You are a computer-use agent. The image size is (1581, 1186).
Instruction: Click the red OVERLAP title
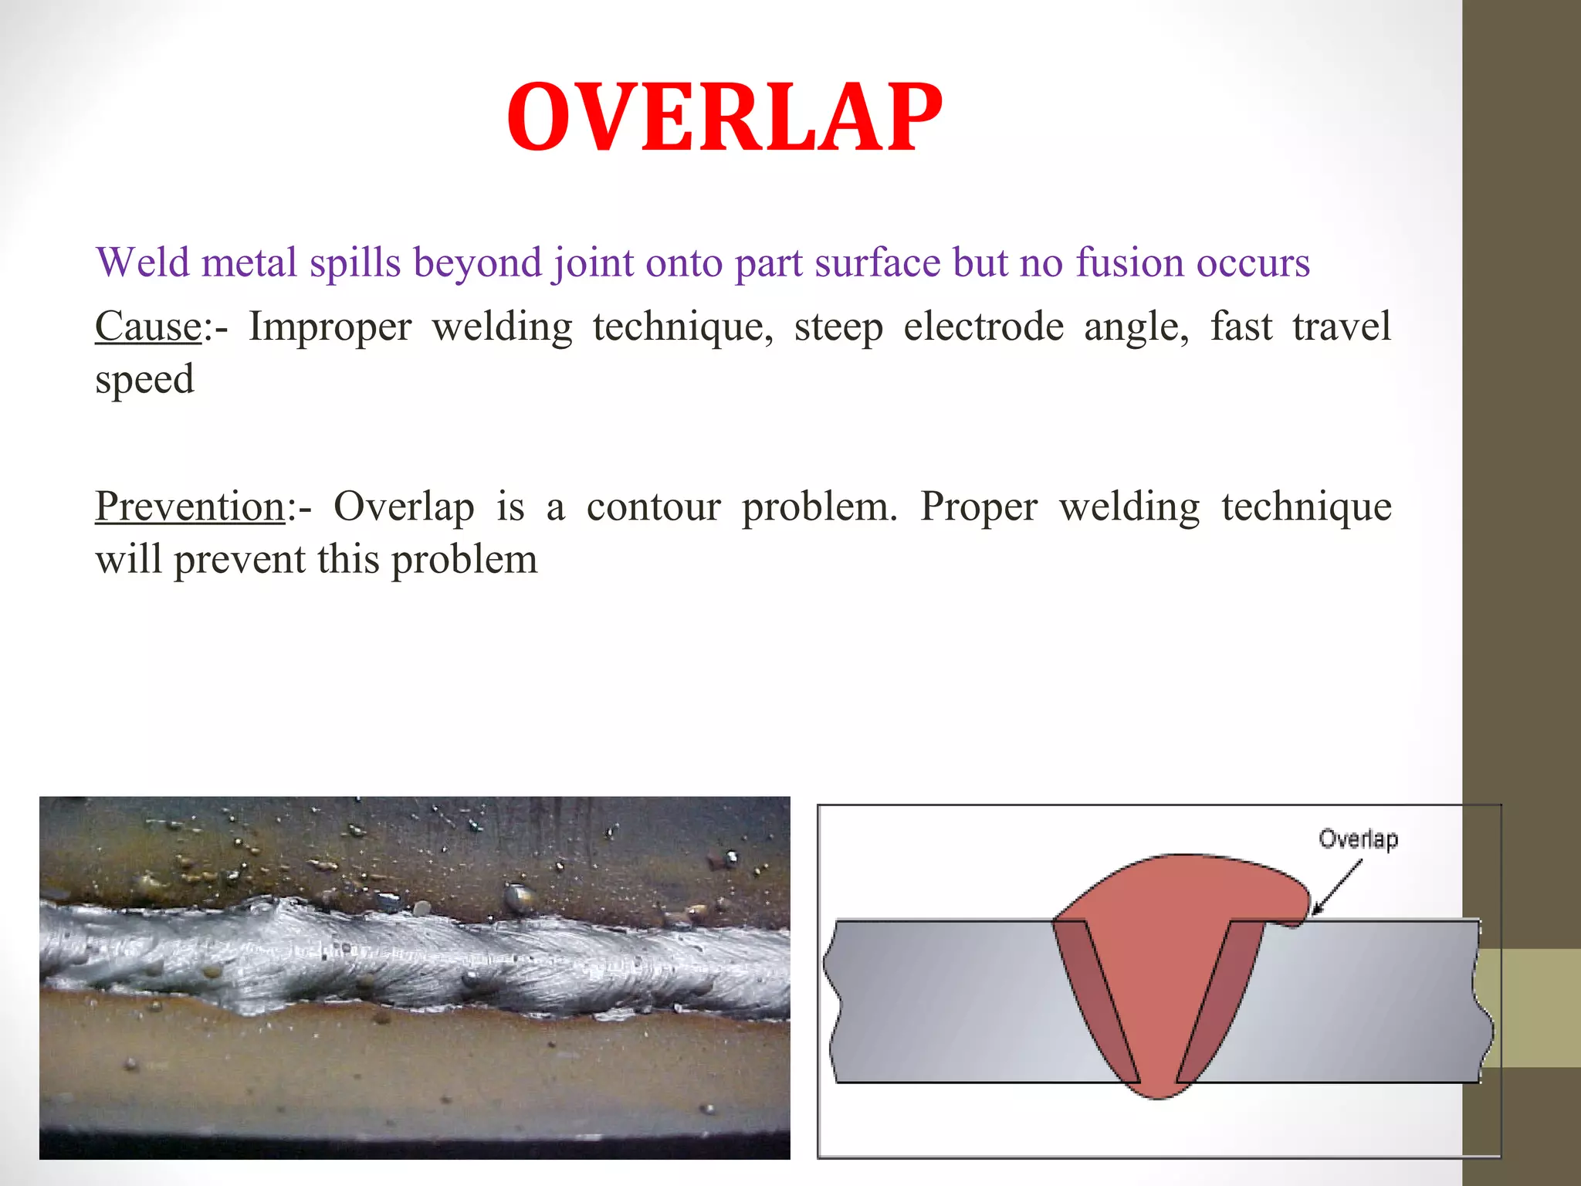pos(724,117)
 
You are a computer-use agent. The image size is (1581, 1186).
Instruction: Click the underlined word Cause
pos(147,327)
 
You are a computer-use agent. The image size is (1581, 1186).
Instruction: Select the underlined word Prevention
pos(190,507)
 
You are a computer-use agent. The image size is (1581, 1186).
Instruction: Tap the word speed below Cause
pos(144,380)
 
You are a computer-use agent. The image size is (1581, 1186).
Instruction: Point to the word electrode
pos(983,327)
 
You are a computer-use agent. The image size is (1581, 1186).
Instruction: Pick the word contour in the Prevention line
pos(653,507)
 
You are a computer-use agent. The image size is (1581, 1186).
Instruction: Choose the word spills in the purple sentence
pos(355,263)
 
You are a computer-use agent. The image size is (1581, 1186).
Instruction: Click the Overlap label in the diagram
pos(1358,839)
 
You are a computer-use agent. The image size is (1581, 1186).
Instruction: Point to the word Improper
pos(330,327)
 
